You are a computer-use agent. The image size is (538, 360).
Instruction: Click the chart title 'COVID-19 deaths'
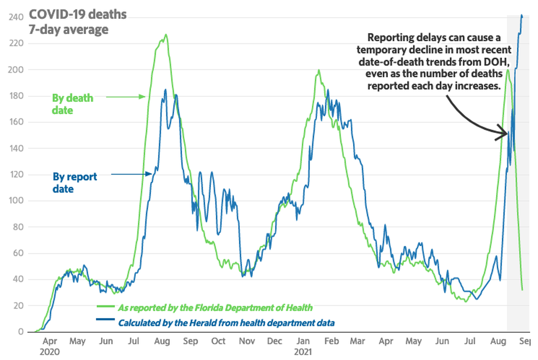[x=77, y=15]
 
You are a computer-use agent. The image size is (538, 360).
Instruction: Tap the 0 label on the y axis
[x=21, y=332]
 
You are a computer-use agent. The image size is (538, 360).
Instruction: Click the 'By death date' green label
[x=72, y=104]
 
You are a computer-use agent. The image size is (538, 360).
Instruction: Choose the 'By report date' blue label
[x=75, y=183]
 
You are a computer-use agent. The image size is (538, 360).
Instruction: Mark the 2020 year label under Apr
[x=50, y=352]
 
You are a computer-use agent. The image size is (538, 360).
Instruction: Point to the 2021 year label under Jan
[x=303, y=352]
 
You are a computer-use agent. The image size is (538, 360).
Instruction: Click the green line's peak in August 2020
[x=166, y=34]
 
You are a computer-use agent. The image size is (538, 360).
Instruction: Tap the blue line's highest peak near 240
[x=521, y=15]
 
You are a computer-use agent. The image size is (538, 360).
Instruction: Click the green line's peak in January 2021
[x=319, y=70]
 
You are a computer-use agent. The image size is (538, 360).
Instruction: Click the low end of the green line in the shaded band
[x=522, y=290]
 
